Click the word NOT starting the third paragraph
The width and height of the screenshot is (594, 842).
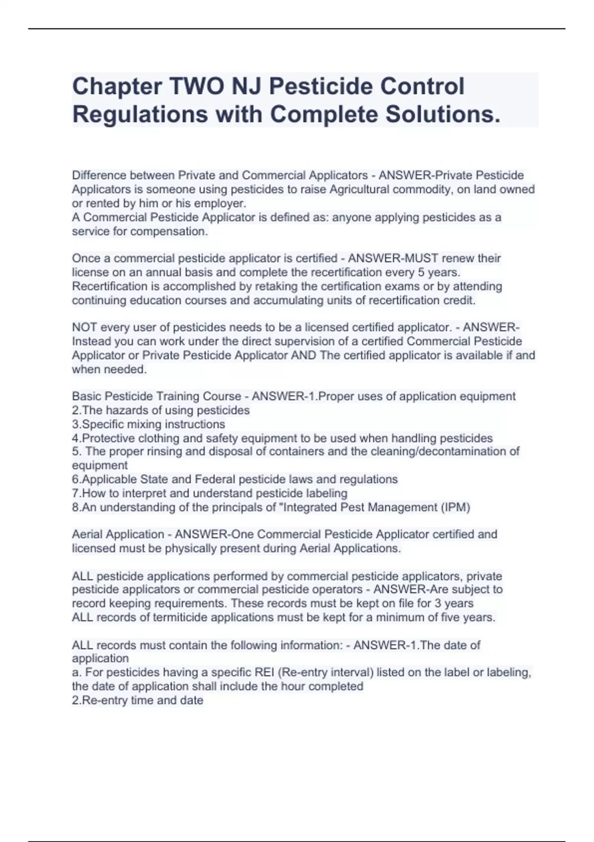pos(85,327)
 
